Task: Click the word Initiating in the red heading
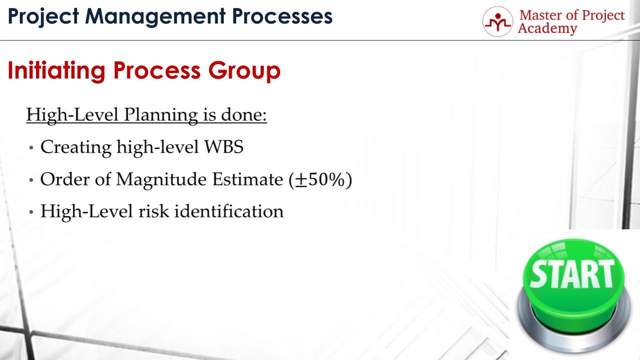coord(56,72)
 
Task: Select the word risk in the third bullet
coord(153,211)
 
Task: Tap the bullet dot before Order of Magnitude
coord(32,180)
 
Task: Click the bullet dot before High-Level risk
coord(32,212)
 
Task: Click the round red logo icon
coord(498,23)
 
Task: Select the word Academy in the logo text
coord(547,29)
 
